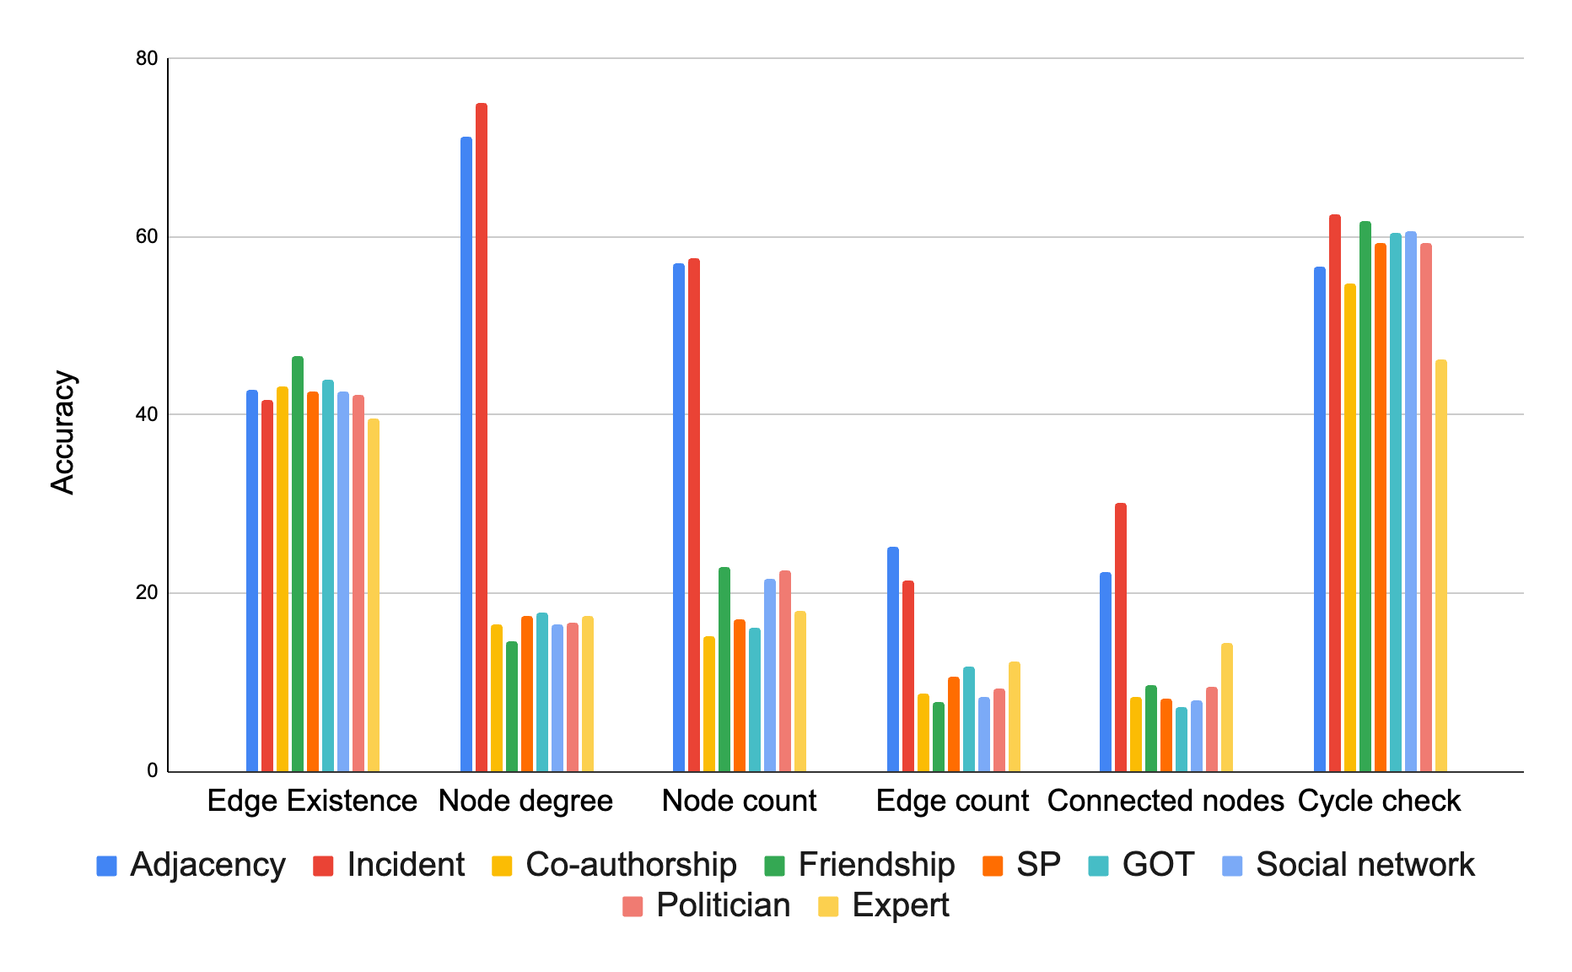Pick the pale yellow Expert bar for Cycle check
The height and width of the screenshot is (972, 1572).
pyautogui.click(x=1440, y=565)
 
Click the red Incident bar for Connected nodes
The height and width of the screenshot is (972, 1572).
pyautogui.click(x=1120, y=637)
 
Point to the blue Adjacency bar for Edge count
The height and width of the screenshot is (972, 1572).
pyautogui.click(x=892, y=659)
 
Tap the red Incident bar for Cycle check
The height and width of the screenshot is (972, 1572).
pyautogui.click(x=1334, y=493)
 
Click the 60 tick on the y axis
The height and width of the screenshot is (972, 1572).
pyautogui.click(x=147, y=236)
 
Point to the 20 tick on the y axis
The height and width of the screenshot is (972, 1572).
pyautogui.click(x=147, y=592)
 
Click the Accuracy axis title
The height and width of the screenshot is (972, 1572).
pyautogui.click(x=63, y=432)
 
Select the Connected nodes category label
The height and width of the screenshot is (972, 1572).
pyautogui.click(x=1166, y=800)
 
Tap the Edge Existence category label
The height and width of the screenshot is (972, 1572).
pyautogui.click(x=312, y=800)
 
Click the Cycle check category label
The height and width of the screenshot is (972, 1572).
pyautogui.click(x=1379, y=800)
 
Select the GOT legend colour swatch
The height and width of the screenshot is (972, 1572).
pyautogui.click(x=1098, y=866)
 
